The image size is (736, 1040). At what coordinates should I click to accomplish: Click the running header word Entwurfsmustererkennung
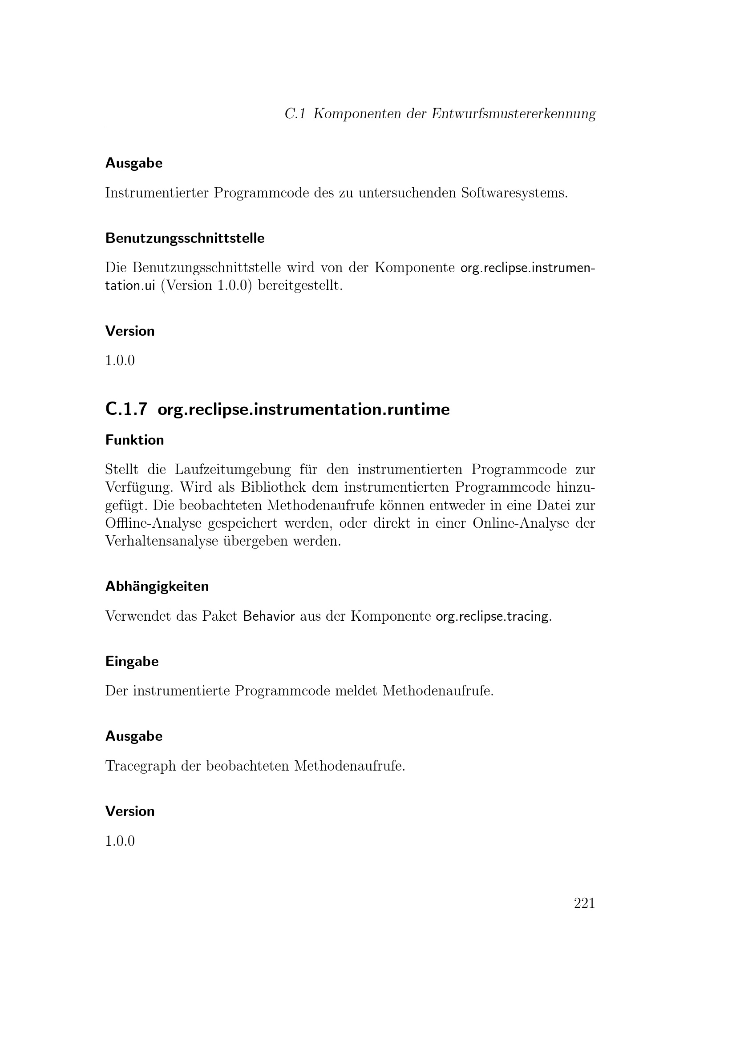(513, 114)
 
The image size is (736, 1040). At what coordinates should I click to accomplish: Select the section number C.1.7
(126, 409)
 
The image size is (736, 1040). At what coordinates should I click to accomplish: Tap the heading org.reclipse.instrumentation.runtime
(303, 410)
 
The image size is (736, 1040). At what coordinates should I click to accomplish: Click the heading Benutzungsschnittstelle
(185, 238)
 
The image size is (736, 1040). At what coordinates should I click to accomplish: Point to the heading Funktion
(134, 440)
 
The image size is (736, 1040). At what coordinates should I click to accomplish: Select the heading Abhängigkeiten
(157, 586)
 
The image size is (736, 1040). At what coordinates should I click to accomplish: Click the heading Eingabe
(132, 661)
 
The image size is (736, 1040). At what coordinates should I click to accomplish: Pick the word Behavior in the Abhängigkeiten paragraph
(269, 616)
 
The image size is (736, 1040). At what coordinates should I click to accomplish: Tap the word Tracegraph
(141, 766)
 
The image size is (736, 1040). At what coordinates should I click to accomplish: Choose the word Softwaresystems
(514, 193)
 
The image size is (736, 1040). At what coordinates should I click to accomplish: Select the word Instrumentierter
(156, 193)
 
